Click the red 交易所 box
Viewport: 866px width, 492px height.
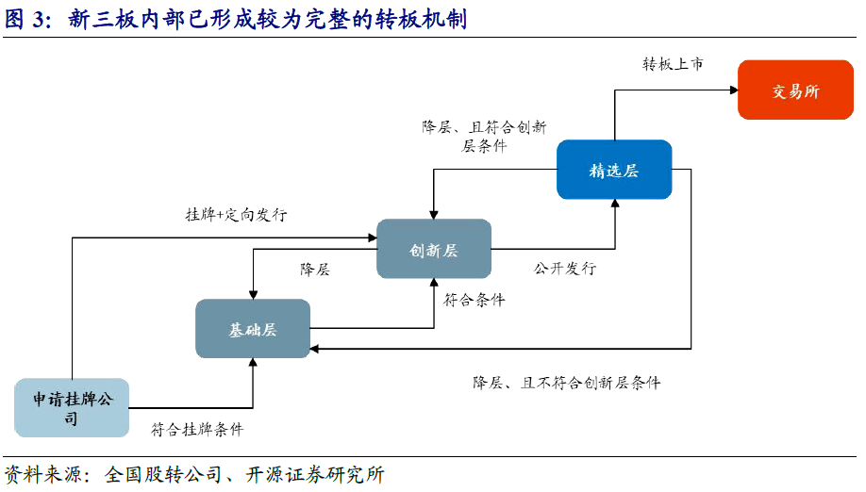point(795,90)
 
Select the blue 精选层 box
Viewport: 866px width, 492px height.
point(614,170)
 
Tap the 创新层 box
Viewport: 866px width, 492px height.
point(434,249)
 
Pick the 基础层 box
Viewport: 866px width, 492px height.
point(253,329)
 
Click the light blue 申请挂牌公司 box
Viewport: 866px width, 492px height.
point(72,407)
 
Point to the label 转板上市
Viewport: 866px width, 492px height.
point(673,64)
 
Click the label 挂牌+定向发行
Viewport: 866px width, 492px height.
point(237,214)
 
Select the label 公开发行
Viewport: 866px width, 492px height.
point(565,269)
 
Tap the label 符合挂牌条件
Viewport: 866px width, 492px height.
point(197,429)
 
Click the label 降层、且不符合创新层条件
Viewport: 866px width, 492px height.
point(567,383)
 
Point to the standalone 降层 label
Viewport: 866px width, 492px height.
point(315,270)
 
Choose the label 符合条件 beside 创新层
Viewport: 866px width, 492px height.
point(475,300)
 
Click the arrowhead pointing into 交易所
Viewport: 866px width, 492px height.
point(734,90)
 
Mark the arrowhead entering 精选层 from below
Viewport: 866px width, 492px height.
point(615,203)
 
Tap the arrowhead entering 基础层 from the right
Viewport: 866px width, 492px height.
point(314,349)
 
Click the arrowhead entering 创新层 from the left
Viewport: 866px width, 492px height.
point(373,238)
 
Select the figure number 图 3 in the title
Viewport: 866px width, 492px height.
point(25,19)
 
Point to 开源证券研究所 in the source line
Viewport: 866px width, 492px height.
point(315,474)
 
